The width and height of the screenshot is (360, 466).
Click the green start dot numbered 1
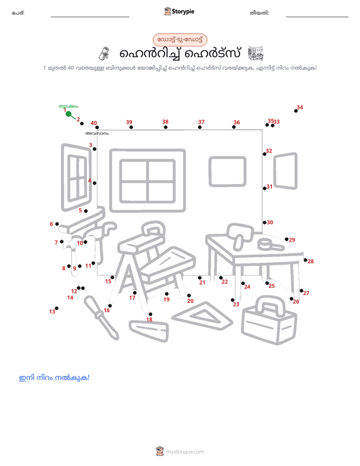pyautogui.click(x=68, y=114)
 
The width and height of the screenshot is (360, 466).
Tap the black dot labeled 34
pyautogui.click(x=296, y=111)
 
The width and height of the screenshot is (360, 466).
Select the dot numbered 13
pyautogui.click(x=57, y=308)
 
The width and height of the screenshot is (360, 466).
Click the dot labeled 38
pyautogui.click(x=165, y=127)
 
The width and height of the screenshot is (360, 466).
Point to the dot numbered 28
pyautogui.click(x=306, y=260)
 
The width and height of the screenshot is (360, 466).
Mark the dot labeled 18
pyautogui.click(x=150, y=314)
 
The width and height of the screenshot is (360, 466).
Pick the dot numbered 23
pyautogui.click(x=232, y=300)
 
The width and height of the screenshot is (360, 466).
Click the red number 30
pyautogui.click(x=270, y=222)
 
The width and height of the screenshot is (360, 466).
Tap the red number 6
pyautogui.click(x=51, y=224)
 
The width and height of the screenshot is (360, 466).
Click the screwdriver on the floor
pyautogui.click(x=101, y=317)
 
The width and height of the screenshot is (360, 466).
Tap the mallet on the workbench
pyautogui.click(x=240, y=235)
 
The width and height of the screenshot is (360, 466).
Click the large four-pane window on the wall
pyautogui.click(x=148, y=181)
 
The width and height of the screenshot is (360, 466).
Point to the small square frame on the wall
pyautogui.click(x=227, y=171)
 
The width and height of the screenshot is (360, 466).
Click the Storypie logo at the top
pyautogui.click(x=179, y=11)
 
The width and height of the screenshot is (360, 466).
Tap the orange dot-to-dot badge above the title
pyautogui.click(x=180, y=40)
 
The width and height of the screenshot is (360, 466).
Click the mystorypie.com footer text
pyautogui.click(x=180, y=451)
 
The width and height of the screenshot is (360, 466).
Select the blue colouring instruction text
pyautogui.click(x=54, y=378)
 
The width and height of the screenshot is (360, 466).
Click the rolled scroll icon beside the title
pyautogui.click(x=104, y=53)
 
